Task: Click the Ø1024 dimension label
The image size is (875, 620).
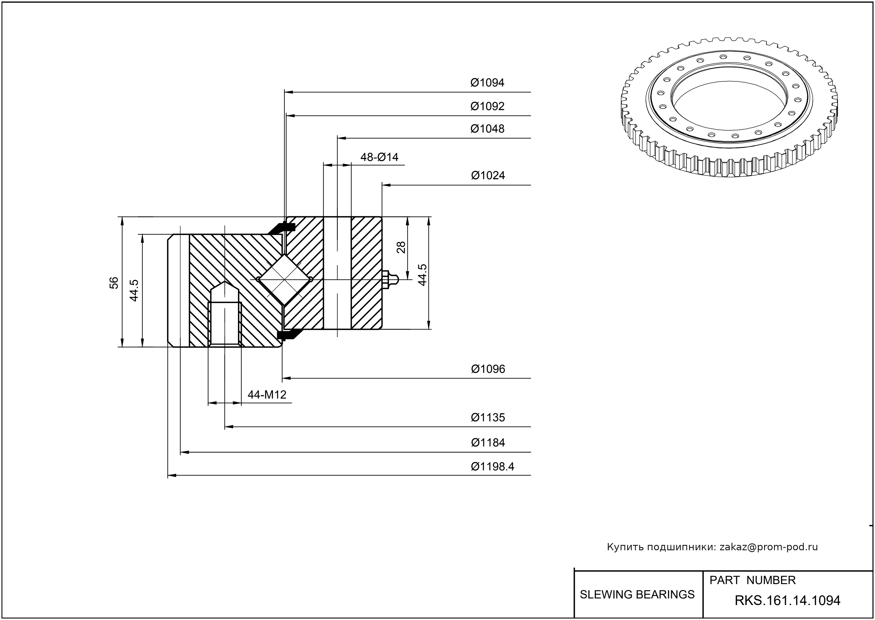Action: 488,176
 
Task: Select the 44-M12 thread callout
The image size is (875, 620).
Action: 267,395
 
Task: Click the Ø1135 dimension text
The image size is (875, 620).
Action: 488,417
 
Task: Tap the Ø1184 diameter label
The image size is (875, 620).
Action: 488,443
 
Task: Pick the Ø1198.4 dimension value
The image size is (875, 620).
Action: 492,466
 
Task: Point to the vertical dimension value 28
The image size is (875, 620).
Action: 401,248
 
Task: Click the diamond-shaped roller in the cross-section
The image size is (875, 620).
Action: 285,280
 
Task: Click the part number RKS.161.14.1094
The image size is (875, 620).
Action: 787,601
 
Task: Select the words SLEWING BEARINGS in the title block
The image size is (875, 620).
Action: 637,595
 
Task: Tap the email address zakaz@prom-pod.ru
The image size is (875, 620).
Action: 768,547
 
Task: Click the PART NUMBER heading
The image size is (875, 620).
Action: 752,580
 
